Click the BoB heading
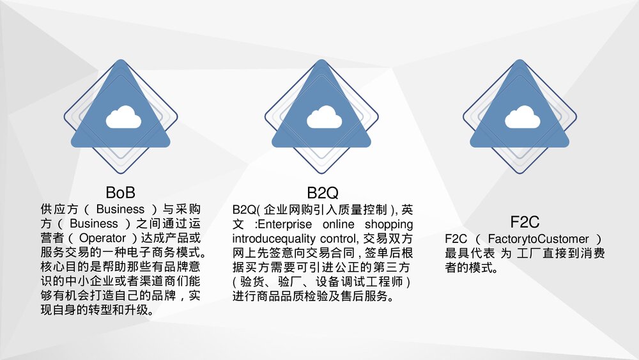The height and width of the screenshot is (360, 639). [x=121, y=192]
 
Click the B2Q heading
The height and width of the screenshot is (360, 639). [x=322, y=192]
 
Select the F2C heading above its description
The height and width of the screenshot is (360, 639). [x=525, y=223]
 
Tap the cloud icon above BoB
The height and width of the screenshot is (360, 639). [x=123, y=118]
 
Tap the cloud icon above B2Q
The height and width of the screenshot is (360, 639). [x=321, y=118]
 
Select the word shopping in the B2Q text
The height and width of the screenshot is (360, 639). [x=389, y=224]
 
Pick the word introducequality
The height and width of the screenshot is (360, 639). [x=273, y=239]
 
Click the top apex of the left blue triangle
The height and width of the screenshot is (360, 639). [x=121, y=61]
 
